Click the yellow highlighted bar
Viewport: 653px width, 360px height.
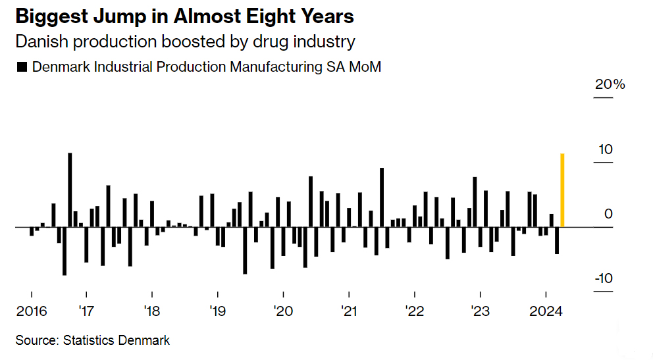562,190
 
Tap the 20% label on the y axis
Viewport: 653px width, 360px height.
610,85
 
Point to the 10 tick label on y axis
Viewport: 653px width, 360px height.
605,150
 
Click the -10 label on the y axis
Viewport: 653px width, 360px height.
603,278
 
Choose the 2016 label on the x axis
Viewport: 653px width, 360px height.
31,311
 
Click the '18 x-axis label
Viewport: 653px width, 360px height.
152,311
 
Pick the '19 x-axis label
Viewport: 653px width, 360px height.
218,311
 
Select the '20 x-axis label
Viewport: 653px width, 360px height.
283,311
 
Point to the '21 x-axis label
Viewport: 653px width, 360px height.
349,311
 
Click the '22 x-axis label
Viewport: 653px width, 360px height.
415,311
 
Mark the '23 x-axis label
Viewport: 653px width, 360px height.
481,311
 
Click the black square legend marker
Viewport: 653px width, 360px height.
21,67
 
